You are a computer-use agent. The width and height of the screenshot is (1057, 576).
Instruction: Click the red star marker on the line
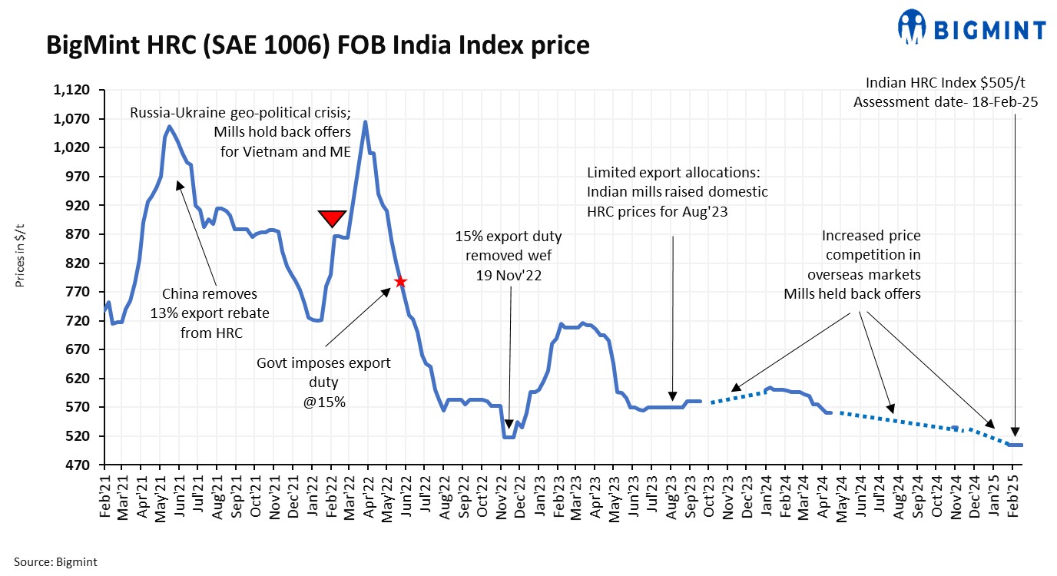pos(399,282)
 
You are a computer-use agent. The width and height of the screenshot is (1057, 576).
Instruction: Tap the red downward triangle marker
pos(332,218)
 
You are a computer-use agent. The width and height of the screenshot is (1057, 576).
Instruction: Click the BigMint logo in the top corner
pos(971,28)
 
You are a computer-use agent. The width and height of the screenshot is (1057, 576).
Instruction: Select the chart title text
pos(318,46)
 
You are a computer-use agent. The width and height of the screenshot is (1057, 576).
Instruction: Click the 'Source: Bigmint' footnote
pos(55,562)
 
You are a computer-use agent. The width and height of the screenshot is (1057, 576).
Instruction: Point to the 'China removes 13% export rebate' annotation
pos(210,313)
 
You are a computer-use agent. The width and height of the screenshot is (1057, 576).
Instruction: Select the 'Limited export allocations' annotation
pos(676,192)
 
